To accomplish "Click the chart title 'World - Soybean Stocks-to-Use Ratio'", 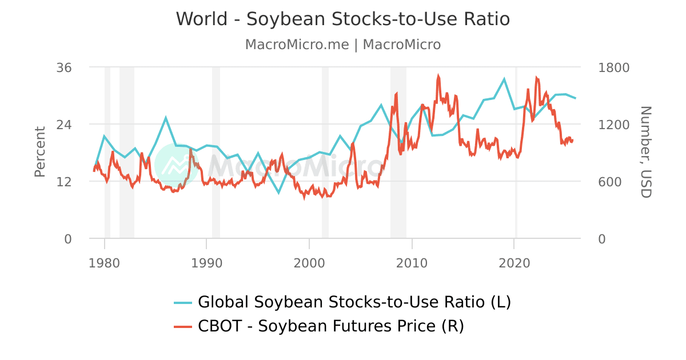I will (x=342, y=19).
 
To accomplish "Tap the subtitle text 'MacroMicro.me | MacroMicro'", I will (x=342, y=45).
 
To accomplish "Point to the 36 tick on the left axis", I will (x=64, y=67).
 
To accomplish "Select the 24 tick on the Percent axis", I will (x=64, y=125).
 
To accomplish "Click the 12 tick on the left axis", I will (x=64, y=182).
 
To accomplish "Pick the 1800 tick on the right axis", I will (x=613, y=67).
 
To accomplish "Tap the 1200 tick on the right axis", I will (x=613, y=125).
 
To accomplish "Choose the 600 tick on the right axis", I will (x=609, y=182).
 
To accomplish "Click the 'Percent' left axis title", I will (x=39, y=152).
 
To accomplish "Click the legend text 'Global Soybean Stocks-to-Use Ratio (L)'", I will (x=354, y=302).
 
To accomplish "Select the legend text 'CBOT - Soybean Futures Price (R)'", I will (x=331, y=326).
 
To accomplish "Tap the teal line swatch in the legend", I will (x=183, y=302).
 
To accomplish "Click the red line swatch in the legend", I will (x=183, y=327).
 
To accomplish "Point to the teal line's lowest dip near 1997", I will (x=279, y=193).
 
